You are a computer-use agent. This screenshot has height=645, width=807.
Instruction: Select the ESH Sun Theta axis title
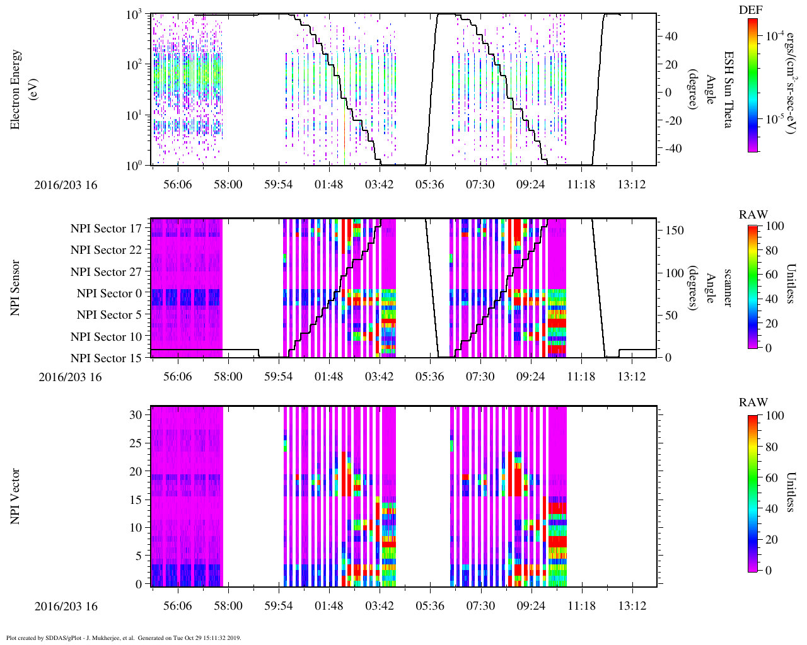(x=728, y=89)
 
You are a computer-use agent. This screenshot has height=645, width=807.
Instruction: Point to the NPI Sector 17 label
(x=106, y=229)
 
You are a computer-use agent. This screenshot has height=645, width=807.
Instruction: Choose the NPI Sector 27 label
(x=106, y=272)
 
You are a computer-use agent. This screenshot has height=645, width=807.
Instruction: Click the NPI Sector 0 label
(x=109, y=294)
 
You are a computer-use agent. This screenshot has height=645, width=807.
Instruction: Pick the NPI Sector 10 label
(x=106, y=337)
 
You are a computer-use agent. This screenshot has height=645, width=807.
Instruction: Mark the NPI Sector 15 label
(x=106, y=358)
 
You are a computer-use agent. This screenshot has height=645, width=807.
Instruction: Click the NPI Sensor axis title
(x=15, y=288)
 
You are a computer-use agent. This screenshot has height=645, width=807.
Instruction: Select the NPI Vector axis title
(x=15, y=496)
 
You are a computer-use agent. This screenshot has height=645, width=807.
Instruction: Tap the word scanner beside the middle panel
(x=728, y=288)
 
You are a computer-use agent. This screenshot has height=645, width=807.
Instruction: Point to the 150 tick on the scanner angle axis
(x=675, y=231)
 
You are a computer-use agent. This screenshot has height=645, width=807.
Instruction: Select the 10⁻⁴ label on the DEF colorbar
(x=775, y=36)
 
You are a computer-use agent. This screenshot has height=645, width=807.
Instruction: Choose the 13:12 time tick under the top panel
(x=632, y=184)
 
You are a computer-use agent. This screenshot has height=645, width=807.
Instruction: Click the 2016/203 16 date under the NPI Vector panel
(x=66, y=607)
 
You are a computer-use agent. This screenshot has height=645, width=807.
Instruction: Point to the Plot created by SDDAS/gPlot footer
(x=124, y=637)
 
